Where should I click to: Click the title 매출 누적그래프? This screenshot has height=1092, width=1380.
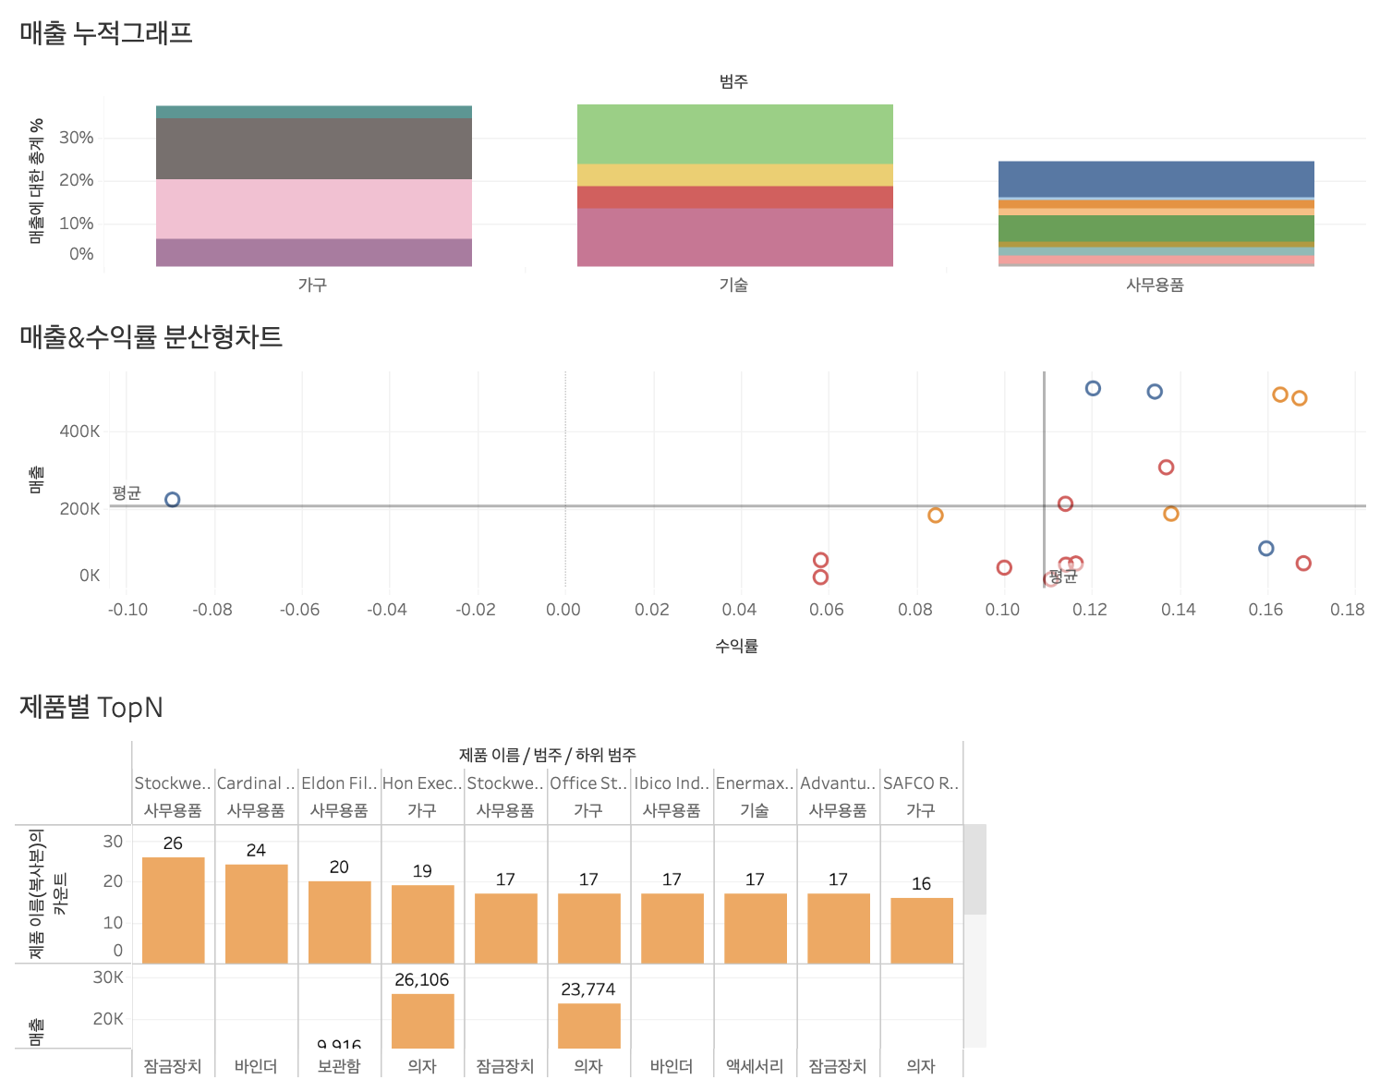(x=106, y=33)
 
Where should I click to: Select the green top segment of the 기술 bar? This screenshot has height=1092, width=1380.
(x=734, y=134)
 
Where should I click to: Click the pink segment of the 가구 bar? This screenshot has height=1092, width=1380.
(x=314, y=209)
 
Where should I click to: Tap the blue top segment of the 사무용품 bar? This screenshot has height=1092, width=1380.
(x=1156, y=179)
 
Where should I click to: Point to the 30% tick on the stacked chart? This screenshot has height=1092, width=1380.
(x=77, y=138)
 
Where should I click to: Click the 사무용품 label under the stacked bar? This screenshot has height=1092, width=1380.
(x=1155, y=285)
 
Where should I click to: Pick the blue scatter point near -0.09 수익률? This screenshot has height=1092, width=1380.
(x=172, y=500)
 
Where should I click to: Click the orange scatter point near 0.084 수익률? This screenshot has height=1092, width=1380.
(x=936, y=516)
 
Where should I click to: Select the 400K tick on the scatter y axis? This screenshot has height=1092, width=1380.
(x=79, y=431)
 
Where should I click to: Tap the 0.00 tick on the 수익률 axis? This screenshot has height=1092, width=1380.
(x=563, y=610)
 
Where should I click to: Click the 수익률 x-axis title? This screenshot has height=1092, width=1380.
(x=736, y=646)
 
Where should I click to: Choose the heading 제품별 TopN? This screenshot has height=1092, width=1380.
(x=91, y=708)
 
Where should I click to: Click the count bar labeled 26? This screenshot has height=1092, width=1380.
(x=174, y=910)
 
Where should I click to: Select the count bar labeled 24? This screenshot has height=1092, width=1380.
(x=257, y=914)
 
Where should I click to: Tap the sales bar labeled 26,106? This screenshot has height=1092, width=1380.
(x=423, y=1021)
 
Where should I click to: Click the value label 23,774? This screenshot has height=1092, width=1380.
(x=588, y=989)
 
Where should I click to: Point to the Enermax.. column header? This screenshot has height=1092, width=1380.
(x=755, y=783)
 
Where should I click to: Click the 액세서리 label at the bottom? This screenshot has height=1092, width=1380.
(x=755, y=1066)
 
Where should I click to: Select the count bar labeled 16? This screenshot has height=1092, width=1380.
(x=922, y=930)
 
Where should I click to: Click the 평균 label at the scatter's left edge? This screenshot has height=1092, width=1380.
(x=127, y=492)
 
